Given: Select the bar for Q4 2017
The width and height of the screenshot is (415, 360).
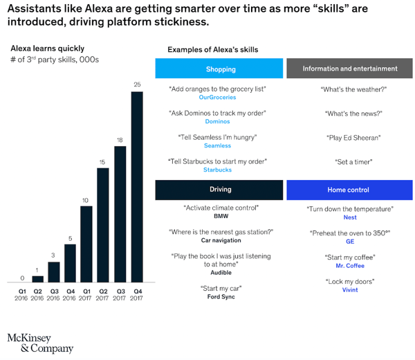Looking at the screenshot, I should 137,187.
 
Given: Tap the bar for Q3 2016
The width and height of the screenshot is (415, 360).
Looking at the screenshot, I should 54,272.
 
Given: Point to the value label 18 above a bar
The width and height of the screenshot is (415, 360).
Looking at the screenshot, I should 120,139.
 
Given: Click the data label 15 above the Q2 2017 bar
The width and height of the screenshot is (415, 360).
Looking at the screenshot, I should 103,161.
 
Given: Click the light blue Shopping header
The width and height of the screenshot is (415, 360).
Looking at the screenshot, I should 220,69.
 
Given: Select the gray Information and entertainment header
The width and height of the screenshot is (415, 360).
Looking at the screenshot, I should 350,69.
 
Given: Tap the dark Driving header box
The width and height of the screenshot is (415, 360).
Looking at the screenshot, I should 220,189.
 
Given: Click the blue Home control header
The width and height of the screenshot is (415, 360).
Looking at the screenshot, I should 350,189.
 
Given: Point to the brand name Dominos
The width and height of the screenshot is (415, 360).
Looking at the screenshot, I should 218,122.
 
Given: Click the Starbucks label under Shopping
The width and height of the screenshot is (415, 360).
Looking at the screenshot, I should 218,170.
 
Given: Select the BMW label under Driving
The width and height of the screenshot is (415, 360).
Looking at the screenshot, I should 221,217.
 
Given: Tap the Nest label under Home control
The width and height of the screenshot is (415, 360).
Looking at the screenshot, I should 350,217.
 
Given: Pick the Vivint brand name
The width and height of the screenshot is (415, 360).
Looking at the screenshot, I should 350,290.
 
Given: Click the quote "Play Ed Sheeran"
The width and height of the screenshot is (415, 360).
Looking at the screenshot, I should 353,138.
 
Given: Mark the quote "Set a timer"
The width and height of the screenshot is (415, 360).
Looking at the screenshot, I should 352,162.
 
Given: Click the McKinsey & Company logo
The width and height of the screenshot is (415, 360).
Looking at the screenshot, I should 40,343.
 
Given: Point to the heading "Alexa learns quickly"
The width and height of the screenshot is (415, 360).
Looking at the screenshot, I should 47,48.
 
